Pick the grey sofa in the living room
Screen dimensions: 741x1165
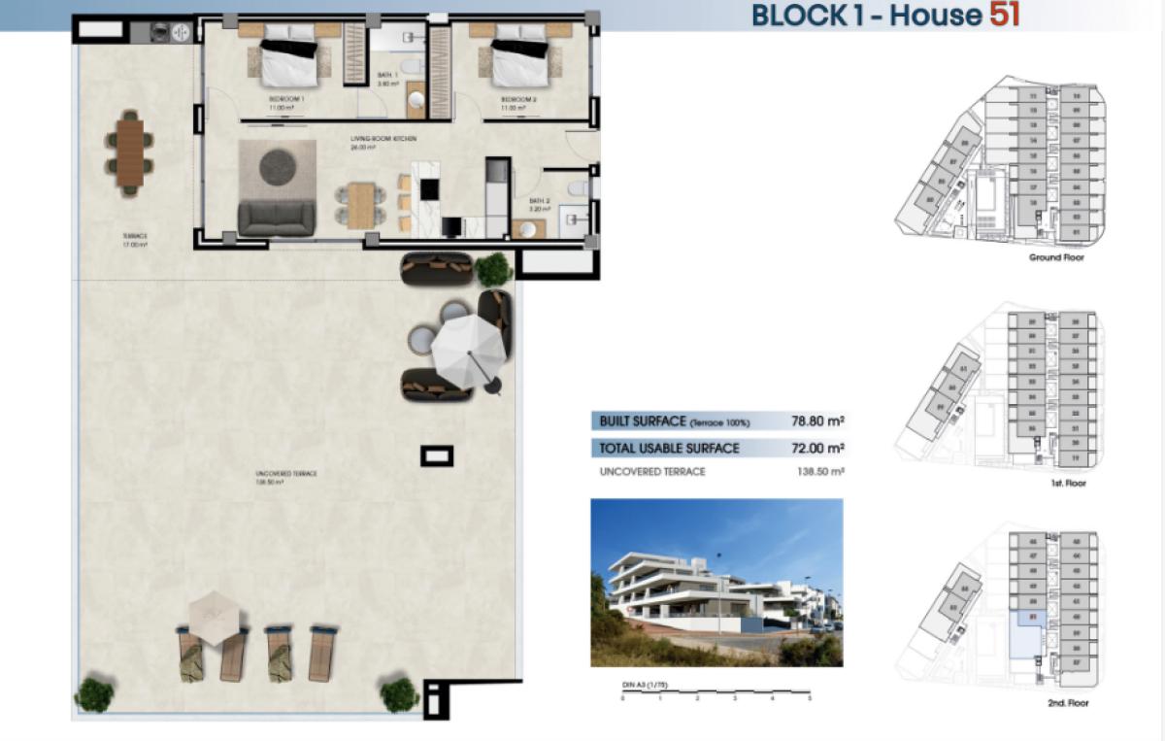point(277,218)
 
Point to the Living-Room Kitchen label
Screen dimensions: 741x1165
point(383,140)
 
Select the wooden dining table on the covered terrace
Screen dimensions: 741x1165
point(129,152)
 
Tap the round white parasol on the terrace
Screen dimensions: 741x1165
point(470,343)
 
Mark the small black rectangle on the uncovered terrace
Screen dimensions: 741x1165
point(435,455)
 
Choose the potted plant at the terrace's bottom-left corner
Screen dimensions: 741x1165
point(94,694)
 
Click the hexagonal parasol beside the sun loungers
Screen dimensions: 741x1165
point(214,613)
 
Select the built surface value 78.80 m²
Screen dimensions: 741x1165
point(815,421)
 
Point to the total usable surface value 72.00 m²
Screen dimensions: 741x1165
point(815,449)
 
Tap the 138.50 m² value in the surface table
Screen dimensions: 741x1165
point(815,472)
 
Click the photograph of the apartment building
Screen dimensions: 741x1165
point(716,582)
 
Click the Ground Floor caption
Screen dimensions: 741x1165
point(1057,258)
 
